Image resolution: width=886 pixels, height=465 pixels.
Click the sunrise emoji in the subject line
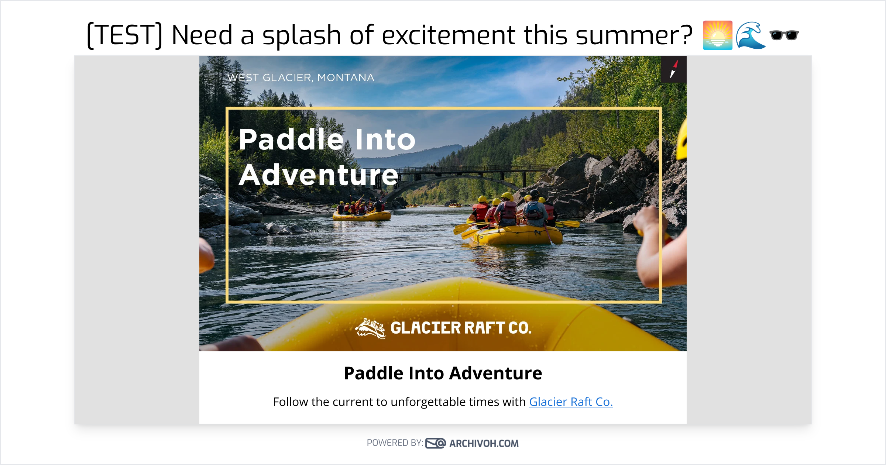tap(717, 35)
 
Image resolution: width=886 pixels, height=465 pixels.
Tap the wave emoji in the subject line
tap(750, 35)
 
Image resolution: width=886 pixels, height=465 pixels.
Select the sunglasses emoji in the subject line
tap(784, 35)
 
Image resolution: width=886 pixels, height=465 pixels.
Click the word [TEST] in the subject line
tap(125, 35)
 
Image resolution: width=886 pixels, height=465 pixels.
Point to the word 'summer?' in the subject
tap(633, 35)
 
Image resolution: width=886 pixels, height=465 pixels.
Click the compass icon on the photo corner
tap(673, 69)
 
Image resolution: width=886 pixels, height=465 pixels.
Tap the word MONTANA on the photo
tap(346, 78)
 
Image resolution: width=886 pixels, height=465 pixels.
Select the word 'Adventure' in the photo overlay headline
tap(318, 175)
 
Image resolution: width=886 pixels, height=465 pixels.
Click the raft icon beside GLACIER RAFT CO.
tap(370, 328)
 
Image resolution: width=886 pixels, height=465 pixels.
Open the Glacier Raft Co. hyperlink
tap(571, 402)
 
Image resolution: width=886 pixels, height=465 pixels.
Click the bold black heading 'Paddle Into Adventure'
tap(443, 373)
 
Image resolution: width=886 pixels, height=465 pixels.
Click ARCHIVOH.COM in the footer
tap(484, 444)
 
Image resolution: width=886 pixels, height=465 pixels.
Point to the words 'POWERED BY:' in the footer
tap(395, 443)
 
